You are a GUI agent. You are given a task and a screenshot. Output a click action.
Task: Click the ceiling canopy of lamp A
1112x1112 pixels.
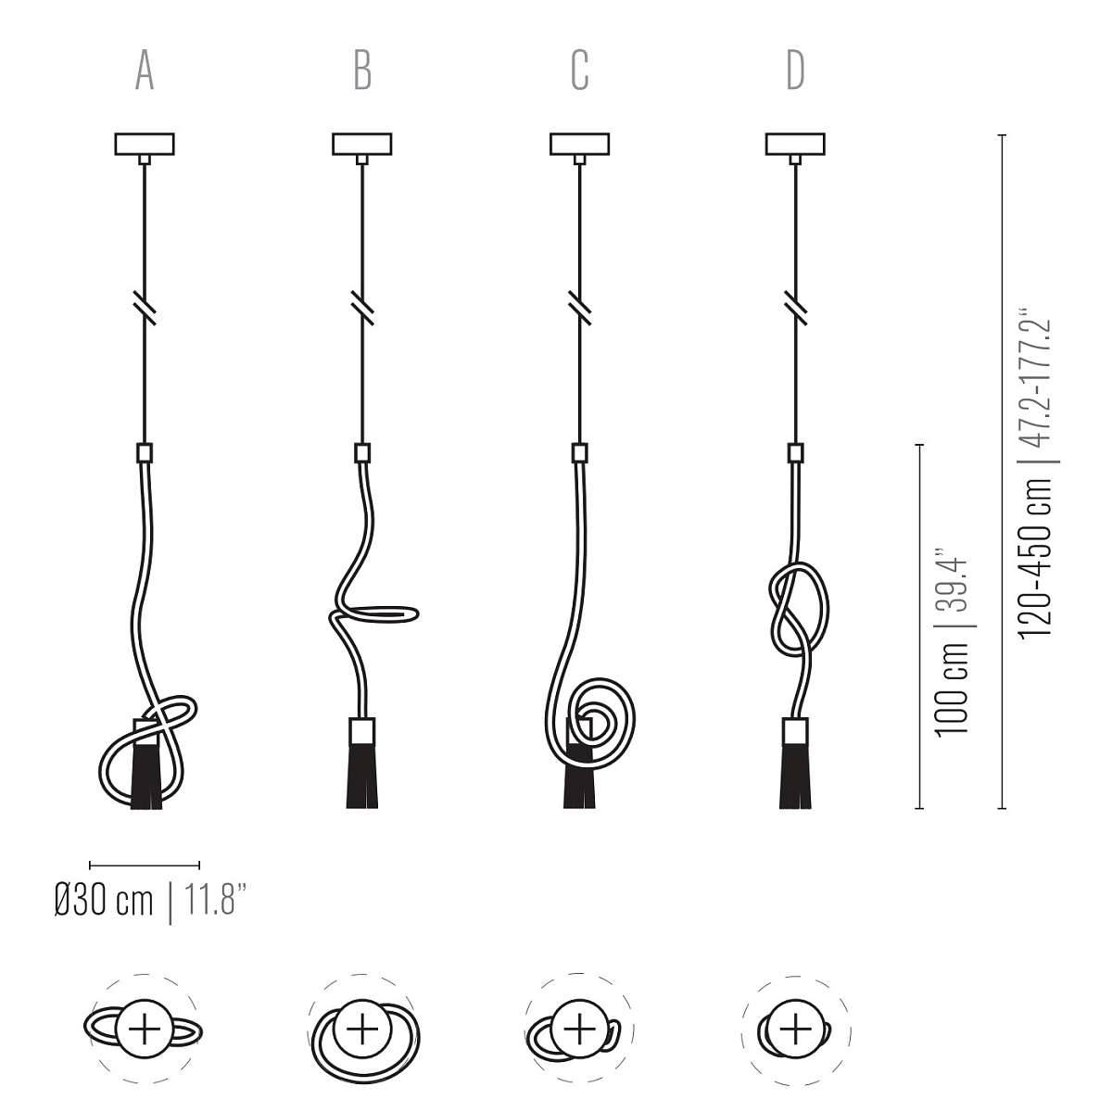tap(144, 145)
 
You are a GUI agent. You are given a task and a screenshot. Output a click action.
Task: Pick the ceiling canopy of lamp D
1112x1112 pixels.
tap(794, 145)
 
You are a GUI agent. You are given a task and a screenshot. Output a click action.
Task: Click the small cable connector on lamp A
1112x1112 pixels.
tap(144, 454)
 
